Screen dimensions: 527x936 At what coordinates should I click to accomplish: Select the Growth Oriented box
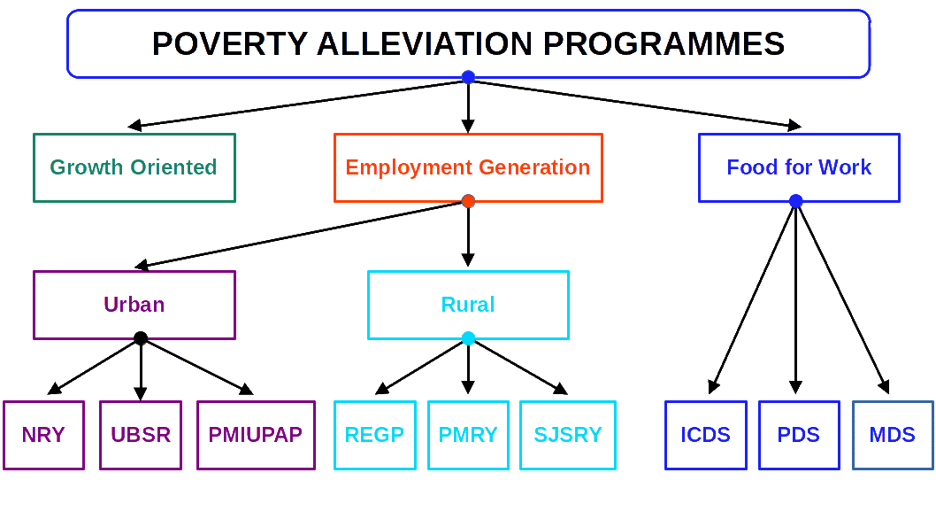(134, 167)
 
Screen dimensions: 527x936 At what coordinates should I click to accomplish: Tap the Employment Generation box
(468, 167)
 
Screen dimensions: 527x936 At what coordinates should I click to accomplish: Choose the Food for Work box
(799, 167)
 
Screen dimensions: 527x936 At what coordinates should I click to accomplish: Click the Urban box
(134, 305)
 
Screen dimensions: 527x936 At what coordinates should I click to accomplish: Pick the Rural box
(468, 305)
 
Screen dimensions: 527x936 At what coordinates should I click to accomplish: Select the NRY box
(43, 435)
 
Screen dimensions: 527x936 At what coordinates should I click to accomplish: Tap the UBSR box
(141, 435)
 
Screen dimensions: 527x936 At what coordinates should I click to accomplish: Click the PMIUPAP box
(256, 435)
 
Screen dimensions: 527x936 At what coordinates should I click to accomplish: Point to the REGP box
(375, 435)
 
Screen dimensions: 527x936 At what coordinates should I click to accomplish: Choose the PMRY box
(468, 435)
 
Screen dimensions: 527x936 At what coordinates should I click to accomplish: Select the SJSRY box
(568, 435)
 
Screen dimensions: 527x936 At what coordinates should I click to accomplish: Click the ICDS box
(706, 435)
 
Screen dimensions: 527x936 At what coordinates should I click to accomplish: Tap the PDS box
(799, 435)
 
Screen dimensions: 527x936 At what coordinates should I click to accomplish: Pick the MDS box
(893, 435)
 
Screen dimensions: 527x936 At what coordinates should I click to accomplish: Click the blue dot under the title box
(468, 77)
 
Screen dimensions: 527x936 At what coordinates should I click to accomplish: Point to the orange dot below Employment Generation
(468, 202)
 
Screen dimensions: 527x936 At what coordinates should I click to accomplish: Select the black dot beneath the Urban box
(141, 338)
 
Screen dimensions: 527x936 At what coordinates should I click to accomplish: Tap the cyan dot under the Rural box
(468, 338)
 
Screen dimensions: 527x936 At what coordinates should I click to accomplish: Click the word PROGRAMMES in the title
(664, 43)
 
